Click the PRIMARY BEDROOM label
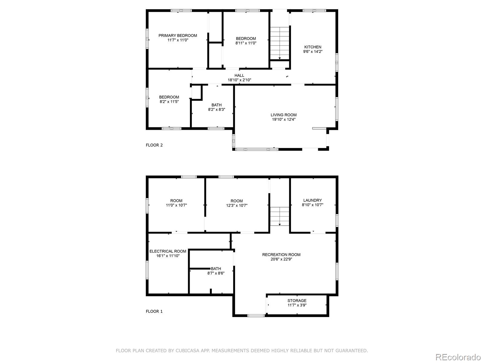pyautogui.click(x=178, y=35)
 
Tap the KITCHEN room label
pyautogui.click(x=313, y=47)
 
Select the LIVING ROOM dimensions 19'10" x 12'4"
pyautogui.click(x=283, y=119)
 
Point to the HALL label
pyautogui.click(x=239, y=75)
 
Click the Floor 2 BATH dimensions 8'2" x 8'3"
pyautogui.click(x=217, y=110)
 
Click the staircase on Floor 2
pyautogui.click(x=280, y=43)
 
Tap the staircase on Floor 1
pyautogui.click(x=280, y=216)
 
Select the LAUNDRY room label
pyautogui.click(x=312, y=200)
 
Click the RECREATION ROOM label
pyautogui.click(x=281, y=255)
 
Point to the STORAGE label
pyautogui.click(x=297, y=301)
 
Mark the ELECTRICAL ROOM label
pyautogui.click(x=168, y=251)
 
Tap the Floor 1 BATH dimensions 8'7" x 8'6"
pyautogui.click(x=216, y=273)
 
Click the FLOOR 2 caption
pyautogui.click(x=154, y=145)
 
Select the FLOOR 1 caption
pyautogui.click(x=154, y=312)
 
